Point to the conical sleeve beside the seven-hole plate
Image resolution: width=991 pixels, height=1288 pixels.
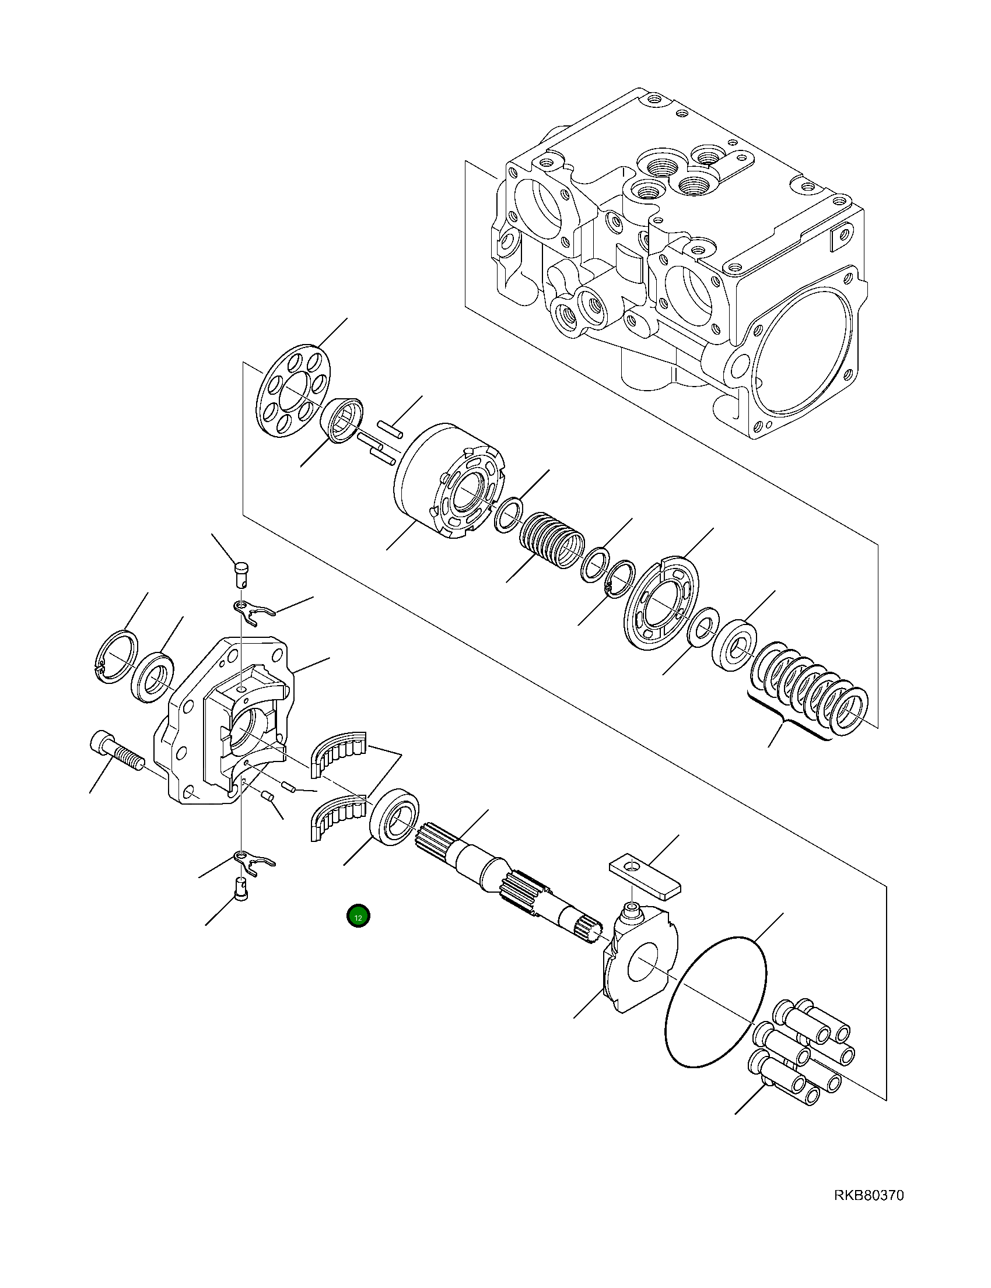click(342, 420)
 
